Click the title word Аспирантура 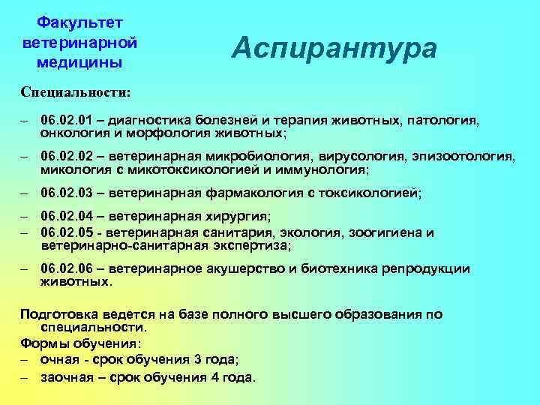(334, 49)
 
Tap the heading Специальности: (75, 93)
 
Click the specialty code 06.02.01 (65, 120)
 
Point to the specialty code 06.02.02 (65, 157)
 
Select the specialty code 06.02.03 (65, 193)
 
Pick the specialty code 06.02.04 (65, 218)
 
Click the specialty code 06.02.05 (65, 232)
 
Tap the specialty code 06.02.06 (65, 268)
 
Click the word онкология (71, 133)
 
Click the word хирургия (233, 218)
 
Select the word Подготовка (58, 314)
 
